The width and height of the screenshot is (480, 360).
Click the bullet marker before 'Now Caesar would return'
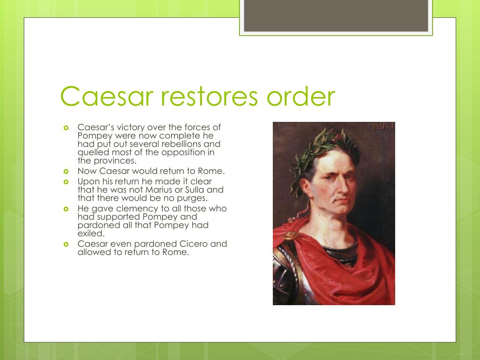[x=66, y=172]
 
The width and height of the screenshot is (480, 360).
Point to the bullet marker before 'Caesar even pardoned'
[x=66, y=244]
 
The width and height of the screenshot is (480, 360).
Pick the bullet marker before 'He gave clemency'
[x=66, y=209]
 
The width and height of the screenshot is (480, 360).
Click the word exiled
[x=91, y=233]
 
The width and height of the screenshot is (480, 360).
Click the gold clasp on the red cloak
[x=291, y=233]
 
